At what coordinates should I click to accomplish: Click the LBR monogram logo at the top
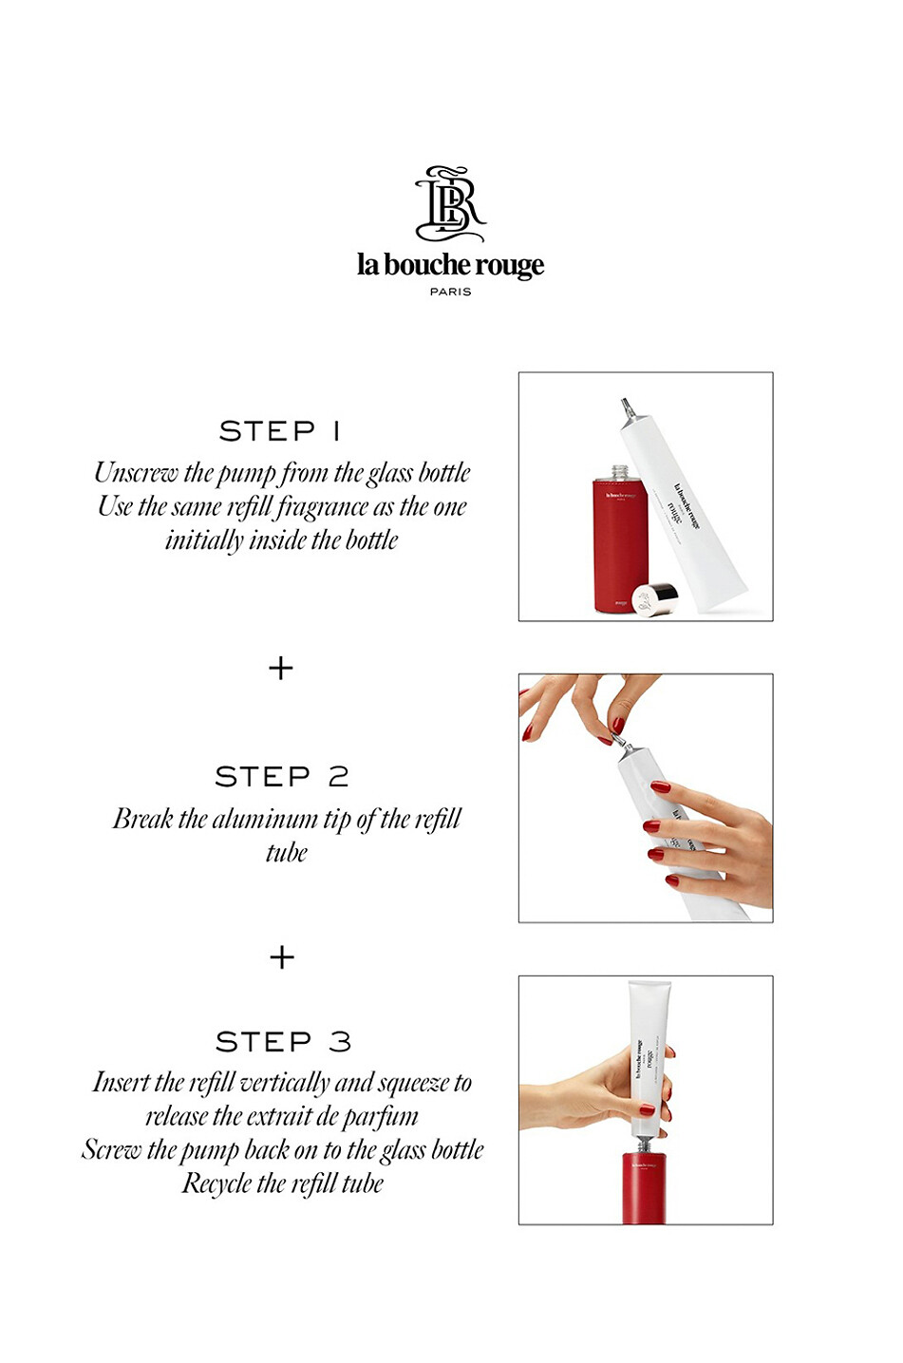tap(450, 204)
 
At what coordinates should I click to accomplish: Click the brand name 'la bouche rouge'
tap(450, 265)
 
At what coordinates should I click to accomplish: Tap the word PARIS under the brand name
tap(450, 292)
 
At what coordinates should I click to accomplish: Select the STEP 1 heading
tap(280, 431)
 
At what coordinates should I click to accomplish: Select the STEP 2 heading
tap(282, 777)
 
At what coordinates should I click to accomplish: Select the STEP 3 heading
tap(283, 1042)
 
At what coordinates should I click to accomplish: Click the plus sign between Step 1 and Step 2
tap(281, 669)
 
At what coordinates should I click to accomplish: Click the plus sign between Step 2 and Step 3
tap(282, 957)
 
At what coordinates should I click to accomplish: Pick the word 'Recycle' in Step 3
tap(216, 1184)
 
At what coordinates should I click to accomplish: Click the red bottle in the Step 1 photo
tap(620, 546)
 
